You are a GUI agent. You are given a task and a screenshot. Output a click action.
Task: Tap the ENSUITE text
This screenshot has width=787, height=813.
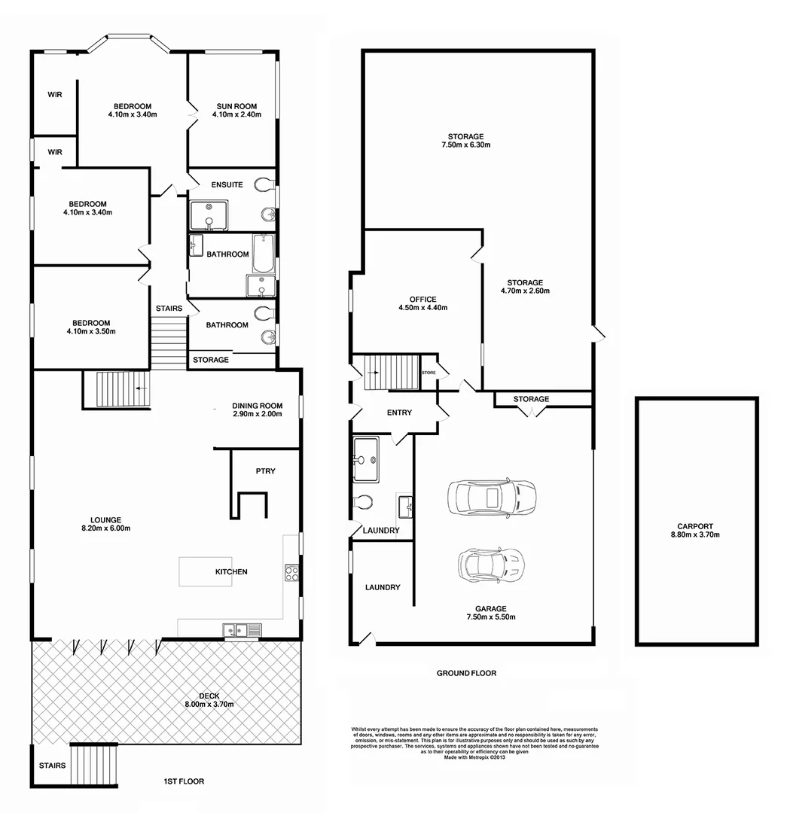coord(227,184)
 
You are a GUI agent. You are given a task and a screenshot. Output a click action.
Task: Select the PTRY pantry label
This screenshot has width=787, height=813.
coord(265,471)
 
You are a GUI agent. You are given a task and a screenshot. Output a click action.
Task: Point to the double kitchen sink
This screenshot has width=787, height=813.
coord(242,629)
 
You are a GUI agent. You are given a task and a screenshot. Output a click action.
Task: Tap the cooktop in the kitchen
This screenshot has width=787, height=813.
coord(291,574)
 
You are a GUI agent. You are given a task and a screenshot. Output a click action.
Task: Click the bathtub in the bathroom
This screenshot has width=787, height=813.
coord(263,254)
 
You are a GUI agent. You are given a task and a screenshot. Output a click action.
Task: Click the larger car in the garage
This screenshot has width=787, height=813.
coord(491,497)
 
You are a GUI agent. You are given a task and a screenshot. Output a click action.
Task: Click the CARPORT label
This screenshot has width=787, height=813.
coord(694,527)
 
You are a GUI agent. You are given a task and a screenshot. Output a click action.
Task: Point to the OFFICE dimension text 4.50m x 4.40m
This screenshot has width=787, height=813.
coord(422,308)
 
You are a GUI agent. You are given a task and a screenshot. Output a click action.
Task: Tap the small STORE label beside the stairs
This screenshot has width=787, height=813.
coord(429,373)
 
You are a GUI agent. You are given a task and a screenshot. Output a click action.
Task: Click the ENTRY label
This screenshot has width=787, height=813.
coord(399,413)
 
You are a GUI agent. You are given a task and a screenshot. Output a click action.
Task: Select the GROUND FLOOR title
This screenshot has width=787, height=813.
coord(466,673)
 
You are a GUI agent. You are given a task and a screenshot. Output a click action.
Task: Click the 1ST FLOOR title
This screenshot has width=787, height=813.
coord(184,781)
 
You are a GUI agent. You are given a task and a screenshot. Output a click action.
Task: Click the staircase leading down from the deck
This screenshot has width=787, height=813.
coord(95,762)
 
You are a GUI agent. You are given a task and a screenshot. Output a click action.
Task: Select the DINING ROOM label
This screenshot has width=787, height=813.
coord(257,406)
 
